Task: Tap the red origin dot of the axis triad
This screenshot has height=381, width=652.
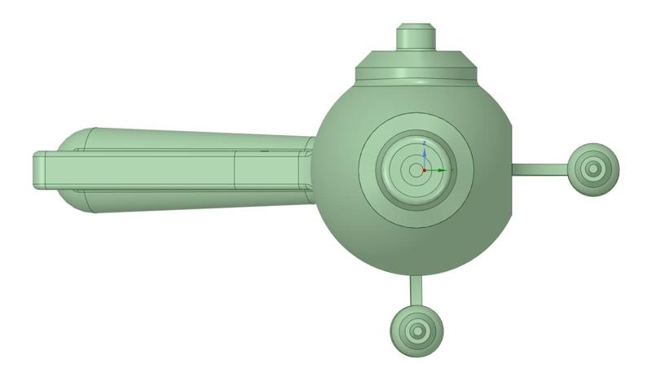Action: point(424,169)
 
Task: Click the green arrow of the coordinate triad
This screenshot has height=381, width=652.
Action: point(441,169)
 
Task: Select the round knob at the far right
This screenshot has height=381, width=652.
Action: point(593,169)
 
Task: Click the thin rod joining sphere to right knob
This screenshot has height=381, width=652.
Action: point(542,169)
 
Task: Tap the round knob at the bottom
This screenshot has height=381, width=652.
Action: point(417,330)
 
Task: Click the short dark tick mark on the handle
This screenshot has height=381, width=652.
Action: point(263,151)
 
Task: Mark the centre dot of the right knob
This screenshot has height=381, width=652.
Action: point(593,169)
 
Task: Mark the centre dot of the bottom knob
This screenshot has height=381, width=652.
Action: point(417,331)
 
